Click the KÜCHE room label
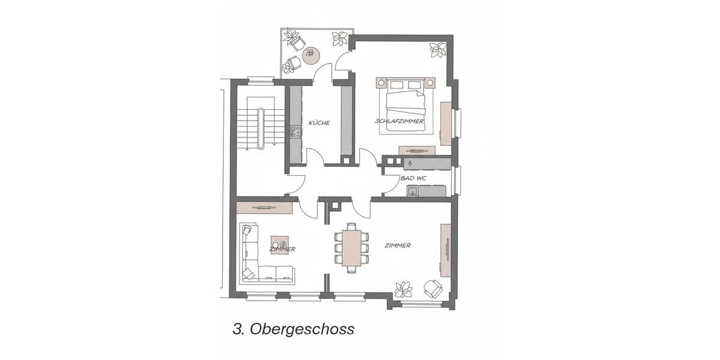[319, 123]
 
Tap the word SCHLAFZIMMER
[400, 121]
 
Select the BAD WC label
[413, 178]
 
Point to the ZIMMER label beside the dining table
[398, 245]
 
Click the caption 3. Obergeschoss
[293, 329]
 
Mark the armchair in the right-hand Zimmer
[433, 289]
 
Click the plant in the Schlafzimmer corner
[438, 50]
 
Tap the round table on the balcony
[310, 56]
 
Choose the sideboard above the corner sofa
[264, 207]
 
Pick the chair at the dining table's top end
[350, 226]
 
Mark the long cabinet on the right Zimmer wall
[446, 249]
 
